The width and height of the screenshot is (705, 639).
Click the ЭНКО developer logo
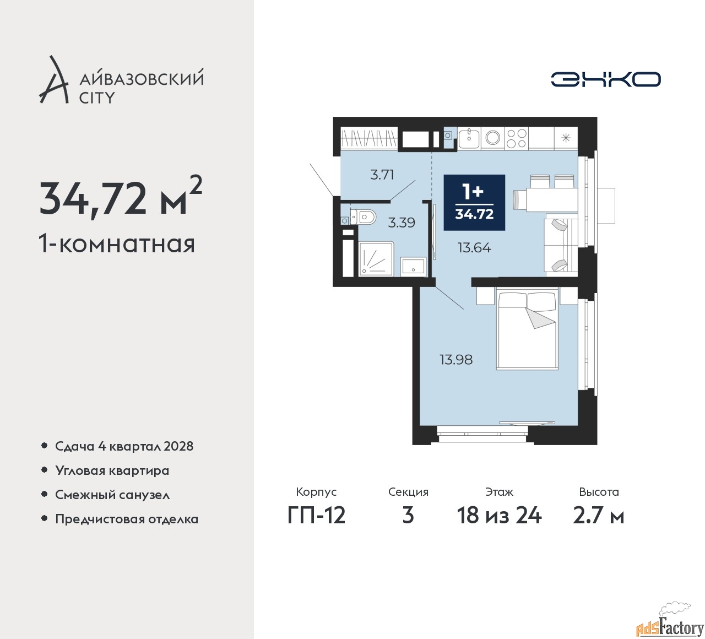click(x=605, y=79)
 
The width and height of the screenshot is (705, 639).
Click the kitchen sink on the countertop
click(x=469, y=138)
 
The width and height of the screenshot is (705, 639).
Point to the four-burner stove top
click(x=516, y=138)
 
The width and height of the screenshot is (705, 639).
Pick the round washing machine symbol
click(x=492, y=138)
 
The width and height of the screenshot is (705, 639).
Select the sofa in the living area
click(x=561, y=245)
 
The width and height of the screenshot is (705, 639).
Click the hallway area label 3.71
click(x=382, y=175)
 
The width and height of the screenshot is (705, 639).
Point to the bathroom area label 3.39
click(x=402, y=223)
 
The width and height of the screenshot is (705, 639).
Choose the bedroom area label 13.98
click(x=456, y=360)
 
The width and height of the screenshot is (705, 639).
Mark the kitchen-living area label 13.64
click(x=474, y=248)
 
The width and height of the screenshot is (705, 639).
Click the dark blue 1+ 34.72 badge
click(x=474, y=203)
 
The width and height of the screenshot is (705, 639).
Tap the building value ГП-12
click(x=316, y=516)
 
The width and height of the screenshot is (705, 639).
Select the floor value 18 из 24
click(x=499, y=516)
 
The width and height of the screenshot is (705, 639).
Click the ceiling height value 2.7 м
click(x=599, y=516)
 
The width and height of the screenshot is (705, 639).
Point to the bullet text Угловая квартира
click(x=112, y=471)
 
